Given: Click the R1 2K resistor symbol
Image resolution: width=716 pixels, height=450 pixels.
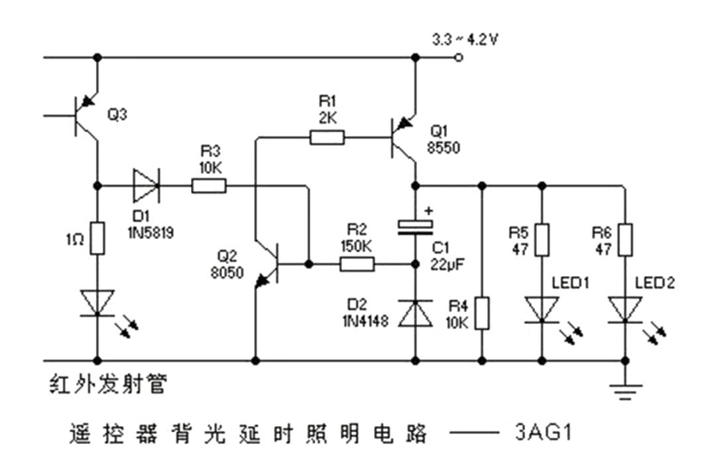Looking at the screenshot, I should click(x=327, y=138).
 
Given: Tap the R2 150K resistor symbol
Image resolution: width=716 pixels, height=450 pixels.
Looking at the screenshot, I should click(x=357, y=265).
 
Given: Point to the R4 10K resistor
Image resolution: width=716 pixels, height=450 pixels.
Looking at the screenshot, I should click(x=483, y=313).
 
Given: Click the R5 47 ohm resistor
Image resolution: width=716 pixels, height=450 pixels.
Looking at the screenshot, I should click(x=542, y=240).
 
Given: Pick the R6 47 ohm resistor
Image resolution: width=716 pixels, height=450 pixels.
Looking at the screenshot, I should click(x=625, y=240).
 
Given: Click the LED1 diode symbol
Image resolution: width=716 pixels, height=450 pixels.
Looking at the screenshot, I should click(x=542, y=309).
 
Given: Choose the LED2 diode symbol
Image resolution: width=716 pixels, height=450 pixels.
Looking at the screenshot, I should click(x=625, y=309).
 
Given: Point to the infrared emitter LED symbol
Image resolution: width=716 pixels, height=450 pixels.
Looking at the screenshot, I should click(x=98, y=303).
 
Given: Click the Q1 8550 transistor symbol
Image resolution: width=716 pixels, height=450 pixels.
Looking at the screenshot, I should click(x=403, y=138).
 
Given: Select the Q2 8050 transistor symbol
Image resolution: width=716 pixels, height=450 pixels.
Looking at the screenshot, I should click(x=268, y=264).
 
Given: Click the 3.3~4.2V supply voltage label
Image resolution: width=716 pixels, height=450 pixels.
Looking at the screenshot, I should click(x=465, y=40).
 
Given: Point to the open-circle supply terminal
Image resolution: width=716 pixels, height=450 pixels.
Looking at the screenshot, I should click(x=458, y=58).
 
